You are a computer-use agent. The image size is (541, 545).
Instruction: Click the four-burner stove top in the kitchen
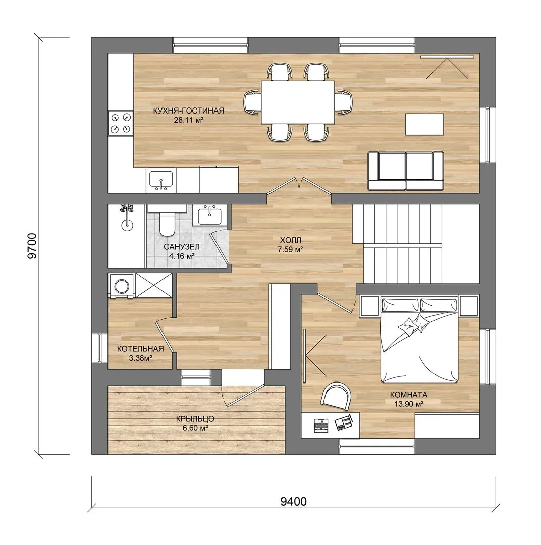(121, 123)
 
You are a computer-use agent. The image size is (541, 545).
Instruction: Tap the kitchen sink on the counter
(160, 180)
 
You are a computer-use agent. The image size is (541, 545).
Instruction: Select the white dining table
(298, 102)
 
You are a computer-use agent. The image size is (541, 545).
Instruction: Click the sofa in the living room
(406, 171)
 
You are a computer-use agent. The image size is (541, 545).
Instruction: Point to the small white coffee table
(424, 124)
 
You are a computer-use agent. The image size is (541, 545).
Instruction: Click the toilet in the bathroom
(167, 220)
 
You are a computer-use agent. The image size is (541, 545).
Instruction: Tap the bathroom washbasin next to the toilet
(210, 215)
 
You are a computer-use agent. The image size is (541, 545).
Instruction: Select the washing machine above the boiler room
(121, 286)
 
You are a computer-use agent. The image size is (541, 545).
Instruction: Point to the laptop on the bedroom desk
(321, 425)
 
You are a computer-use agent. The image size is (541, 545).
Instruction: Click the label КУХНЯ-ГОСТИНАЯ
(188, 111)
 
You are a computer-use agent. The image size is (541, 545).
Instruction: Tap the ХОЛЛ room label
(290, 240)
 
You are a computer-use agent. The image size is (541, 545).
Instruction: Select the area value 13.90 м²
(409, 404)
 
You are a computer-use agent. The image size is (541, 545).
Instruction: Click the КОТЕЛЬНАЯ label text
(140, 349)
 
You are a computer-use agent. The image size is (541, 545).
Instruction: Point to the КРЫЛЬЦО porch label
(195, 419)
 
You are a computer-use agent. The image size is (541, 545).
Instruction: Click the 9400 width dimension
(293, 501)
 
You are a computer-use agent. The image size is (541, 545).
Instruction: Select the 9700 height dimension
(32, 246)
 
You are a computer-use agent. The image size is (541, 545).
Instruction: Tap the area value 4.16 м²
(182, 256)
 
